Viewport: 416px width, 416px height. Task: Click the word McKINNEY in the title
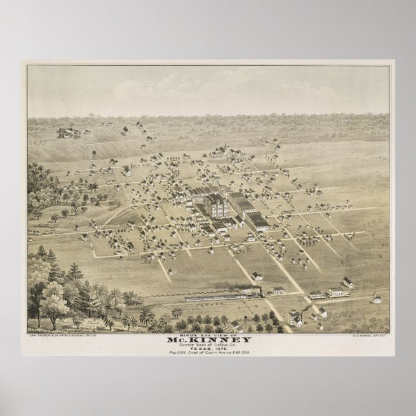pyautogui.click(x=207, y=342)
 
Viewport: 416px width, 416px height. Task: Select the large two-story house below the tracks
pyautogui.click(x=294, y=317)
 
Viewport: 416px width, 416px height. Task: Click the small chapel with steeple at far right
pyautogui.click(x=377, y=298)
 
